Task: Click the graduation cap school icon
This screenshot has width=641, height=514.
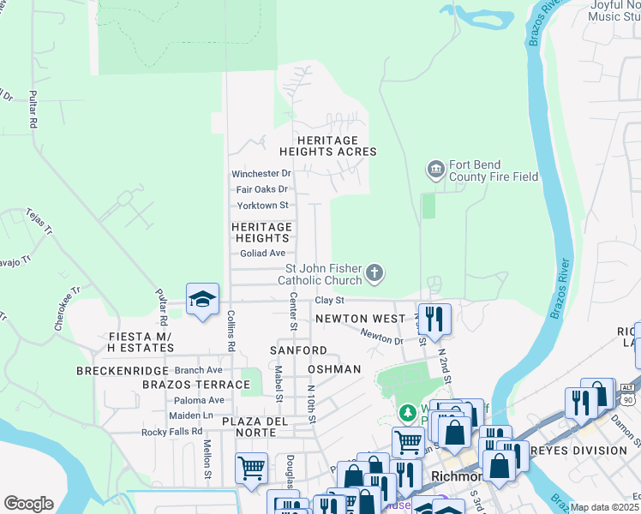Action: [202, 300]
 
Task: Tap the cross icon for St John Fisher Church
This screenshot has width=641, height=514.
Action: [374, 274]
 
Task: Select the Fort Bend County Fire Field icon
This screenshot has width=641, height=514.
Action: [435, 170]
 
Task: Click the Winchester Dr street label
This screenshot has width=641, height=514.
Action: [261, 174]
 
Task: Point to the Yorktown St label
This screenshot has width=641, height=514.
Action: [262, 206]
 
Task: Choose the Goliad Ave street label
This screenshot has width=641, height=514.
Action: [262, 254]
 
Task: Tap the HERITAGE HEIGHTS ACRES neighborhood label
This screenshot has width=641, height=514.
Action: [334, 146]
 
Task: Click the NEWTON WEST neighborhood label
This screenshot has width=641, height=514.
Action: [359, 319]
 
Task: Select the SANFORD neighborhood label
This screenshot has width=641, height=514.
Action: [298, 351]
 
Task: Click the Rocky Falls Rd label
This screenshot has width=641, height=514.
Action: [171, 432]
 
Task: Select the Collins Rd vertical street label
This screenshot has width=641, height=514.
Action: [231, 330]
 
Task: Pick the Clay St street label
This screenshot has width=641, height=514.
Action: [329, 301]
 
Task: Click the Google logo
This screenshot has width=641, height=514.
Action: [28, 504]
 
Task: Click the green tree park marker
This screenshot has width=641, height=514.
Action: [409, 413]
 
